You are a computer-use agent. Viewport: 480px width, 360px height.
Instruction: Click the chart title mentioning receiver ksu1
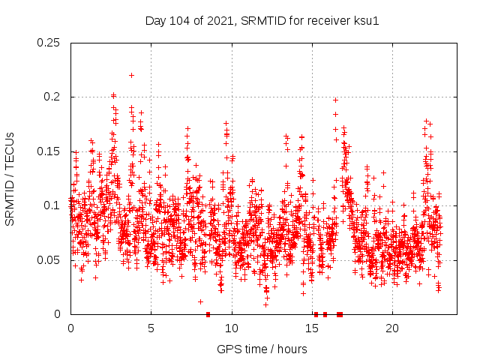[262, 20]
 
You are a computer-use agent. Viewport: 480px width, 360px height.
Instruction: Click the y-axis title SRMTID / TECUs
[10, 178]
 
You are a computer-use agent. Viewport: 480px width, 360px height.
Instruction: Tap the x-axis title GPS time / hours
[262, 349]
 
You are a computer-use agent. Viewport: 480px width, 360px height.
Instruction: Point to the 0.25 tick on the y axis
[49, 43]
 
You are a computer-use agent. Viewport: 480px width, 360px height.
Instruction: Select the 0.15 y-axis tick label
[49, 151]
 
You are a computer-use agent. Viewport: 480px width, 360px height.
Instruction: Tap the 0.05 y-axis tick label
[49, 260]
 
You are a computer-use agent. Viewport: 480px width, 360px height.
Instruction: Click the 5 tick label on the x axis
[151, 328]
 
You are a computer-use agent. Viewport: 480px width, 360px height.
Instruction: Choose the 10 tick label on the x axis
[232, 328]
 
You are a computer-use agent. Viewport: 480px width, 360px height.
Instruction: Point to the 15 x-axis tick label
[312, 328]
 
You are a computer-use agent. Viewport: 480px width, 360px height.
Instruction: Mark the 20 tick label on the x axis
[392, 328]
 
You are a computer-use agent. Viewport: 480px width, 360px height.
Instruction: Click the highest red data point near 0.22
[132, 75]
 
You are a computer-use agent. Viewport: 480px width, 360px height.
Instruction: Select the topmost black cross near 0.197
[335, 100]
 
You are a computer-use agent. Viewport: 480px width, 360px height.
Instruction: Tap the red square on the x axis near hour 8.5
[208, 314]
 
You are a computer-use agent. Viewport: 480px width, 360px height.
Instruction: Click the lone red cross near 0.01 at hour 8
[200, 301]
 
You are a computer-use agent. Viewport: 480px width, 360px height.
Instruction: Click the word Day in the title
[155, 20]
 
